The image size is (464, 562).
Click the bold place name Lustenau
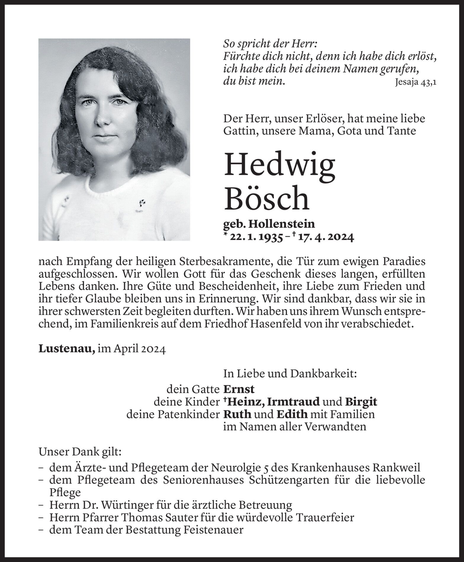coord(67,349)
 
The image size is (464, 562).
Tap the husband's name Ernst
coord(239,389)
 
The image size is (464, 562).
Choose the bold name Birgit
coord(361,402)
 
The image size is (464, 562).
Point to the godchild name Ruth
coord(237,414)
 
